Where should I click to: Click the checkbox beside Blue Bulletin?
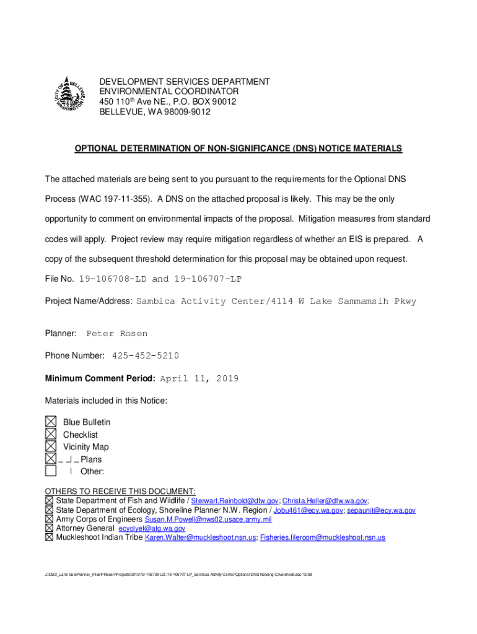(50, 422)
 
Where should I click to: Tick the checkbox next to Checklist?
(50, 434)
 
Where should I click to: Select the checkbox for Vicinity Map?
(50, 446)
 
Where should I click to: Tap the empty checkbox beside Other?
(50, 472)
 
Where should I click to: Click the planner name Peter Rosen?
(116, 334)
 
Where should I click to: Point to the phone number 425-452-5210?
(146, 356)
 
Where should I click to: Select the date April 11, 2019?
(199, 379)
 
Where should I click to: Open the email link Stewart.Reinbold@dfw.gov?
(235, 501)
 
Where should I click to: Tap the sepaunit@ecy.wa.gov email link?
(381, 511)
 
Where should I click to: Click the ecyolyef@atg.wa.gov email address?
(152, 529)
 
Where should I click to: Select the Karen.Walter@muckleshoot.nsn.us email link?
(200, 538)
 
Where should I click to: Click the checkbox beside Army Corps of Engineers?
(49, 519)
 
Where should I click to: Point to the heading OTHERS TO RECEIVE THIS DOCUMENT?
(120, 491)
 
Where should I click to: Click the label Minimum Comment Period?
(101, 379)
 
